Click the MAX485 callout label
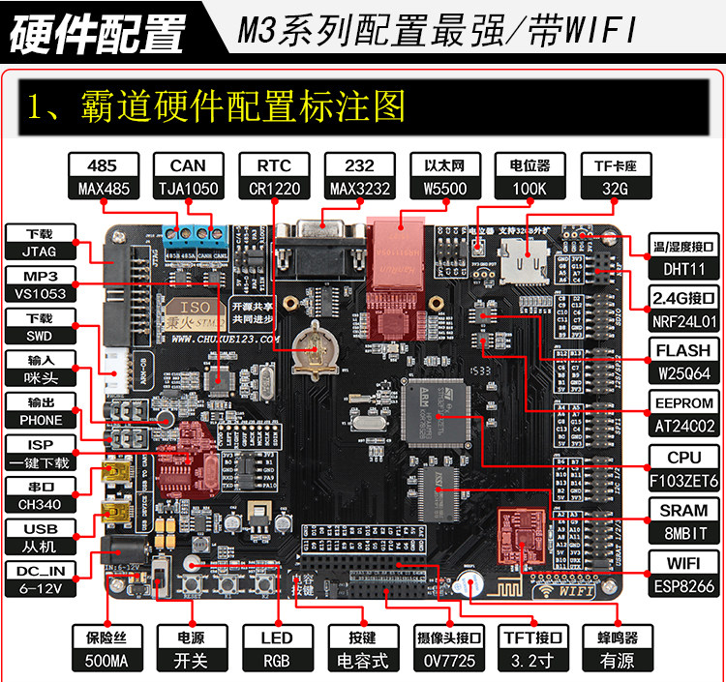tap(103, 188)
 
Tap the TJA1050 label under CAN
tap(188, 188)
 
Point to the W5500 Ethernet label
tap(441, 188)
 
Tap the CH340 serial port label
tap(40, 503)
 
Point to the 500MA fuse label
tap(107, 662)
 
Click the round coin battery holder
tap(312, 346)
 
